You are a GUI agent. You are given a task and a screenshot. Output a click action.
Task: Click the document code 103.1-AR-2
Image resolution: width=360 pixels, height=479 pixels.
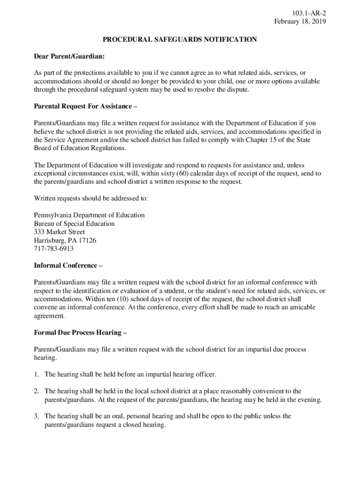(309, 13)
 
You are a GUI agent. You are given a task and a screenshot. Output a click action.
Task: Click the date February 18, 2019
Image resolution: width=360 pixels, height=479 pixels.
(300, 22)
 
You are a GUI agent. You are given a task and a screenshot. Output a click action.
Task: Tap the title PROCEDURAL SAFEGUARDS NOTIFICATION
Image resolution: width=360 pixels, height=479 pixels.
(180, 40)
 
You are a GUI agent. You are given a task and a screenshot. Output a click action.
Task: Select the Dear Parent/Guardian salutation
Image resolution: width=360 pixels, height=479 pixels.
(69, 57)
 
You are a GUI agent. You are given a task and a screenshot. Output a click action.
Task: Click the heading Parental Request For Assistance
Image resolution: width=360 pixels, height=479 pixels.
(86, 106)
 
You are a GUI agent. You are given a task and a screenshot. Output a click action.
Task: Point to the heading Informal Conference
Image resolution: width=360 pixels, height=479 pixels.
(68, 266)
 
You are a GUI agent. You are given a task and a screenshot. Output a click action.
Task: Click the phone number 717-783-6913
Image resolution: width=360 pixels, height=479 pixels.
(54, 249)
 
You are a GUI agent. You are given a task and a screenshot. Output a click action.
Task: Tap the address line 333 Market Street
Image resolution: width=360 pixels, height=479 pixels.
(59, 232)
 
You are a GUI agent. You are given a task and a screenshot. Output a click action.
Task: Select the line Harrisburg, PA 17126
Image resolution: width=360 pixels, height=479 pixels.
(65, 240)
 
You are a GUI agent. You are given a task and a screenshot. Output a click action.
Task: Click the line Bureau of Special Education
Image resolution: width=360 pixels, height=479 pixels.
(74, 224)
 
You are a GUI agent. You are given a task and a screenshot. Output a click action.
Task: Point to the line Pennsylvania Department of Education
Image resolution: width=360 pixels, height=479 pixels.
(89, 215)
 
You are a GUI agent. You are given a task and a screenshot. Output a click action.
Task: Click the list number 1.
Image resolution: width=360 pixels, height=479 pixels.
(36, 375)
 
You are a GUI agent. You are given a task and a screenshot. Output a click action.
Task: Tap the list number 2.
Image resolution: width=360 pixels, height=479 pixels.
(36, 391)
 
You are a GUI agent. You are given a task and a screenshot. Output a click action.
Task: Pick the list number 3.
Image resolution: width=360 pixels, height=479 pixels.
(36, 416)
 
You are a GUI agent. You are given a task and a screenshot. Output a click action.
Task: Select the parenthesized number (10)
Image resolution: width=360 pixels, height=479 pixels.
(121, 299)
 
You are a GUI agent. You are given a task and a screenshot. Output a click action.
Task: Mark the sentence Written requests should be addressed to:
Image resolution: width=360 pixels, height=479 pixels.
(91, 198)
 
